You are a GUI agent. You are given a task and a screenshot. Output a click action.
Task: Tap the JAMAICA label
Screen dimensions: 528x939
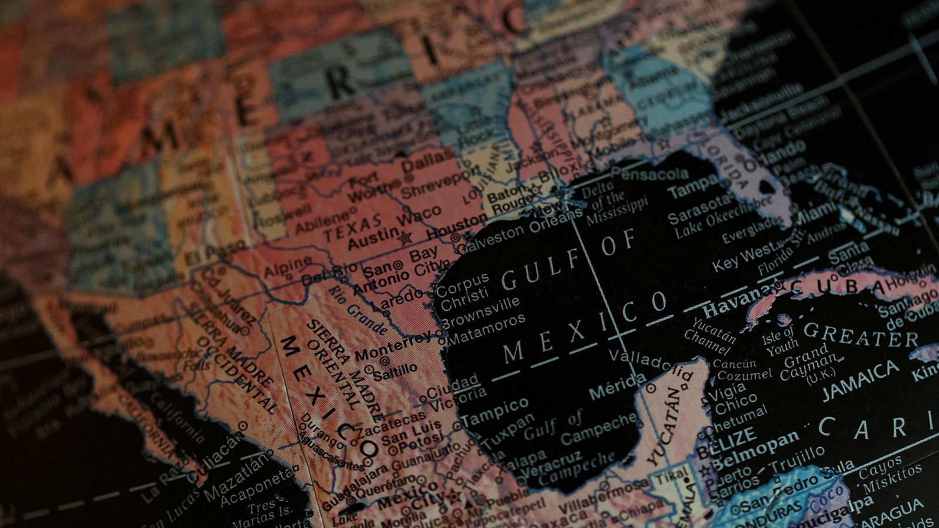pos(860,379)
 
